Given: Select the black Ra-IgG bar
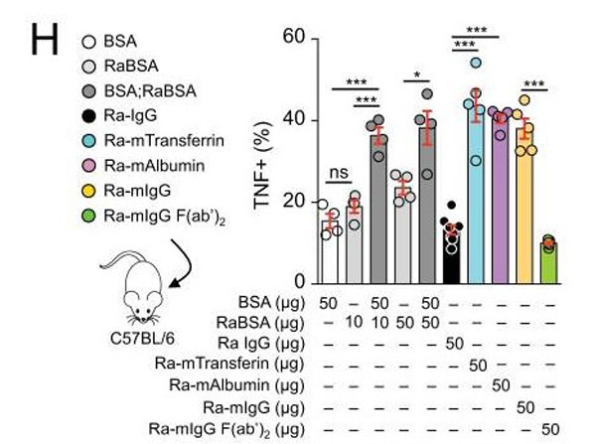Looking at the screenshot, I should pos(452,258).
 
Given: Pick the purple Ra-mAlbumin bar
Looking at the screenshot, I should pos(500,199).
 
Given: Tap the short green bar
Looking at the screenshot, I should pos(547,262).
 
